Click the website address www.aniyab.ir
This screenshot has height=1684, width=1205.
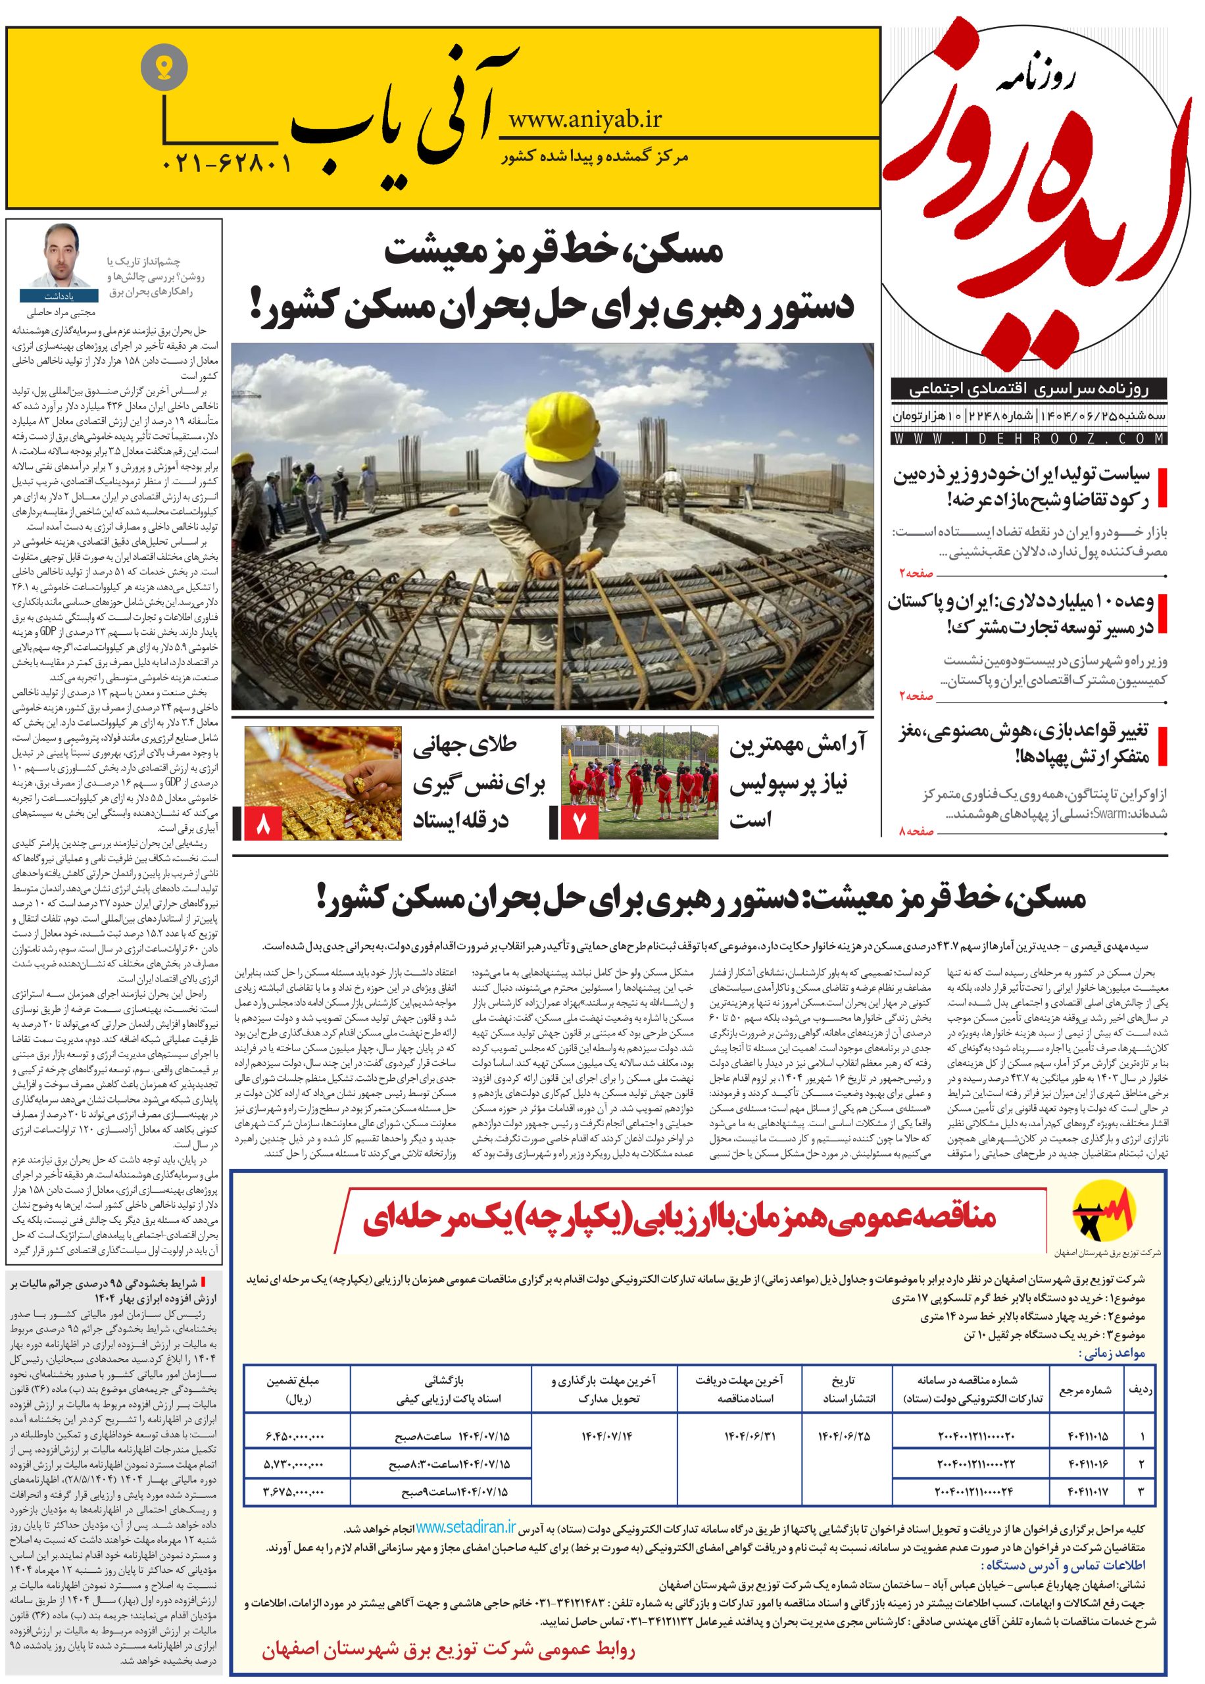(x=585, y=118)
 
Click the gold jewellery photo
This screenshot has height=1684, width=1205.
(x=324, y=783)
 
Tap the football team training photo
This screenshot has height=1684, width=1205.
(x=639, y=783)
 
